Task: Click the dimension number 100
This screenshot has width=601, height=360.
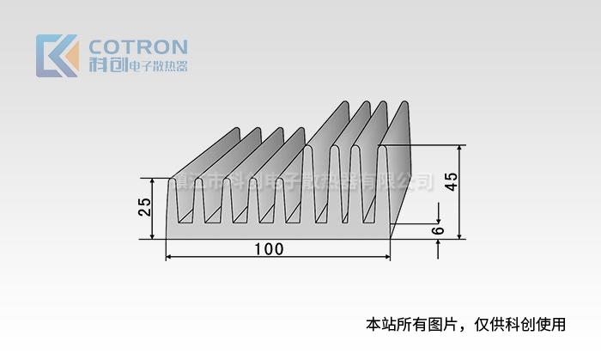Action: click(270, 250)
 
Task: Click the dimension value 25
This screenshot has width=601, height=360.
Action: click(145, 207)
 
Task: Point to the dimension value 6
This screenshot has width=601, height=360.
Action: click(438, 231)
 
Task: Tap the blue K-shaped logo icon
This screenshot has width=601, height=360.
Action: click(57, 56)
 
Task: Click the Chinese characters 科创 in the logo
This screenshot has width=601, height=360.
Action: click(106, 66)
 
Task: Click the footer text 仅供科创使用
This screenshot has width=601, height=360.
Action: click(525, 325)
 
